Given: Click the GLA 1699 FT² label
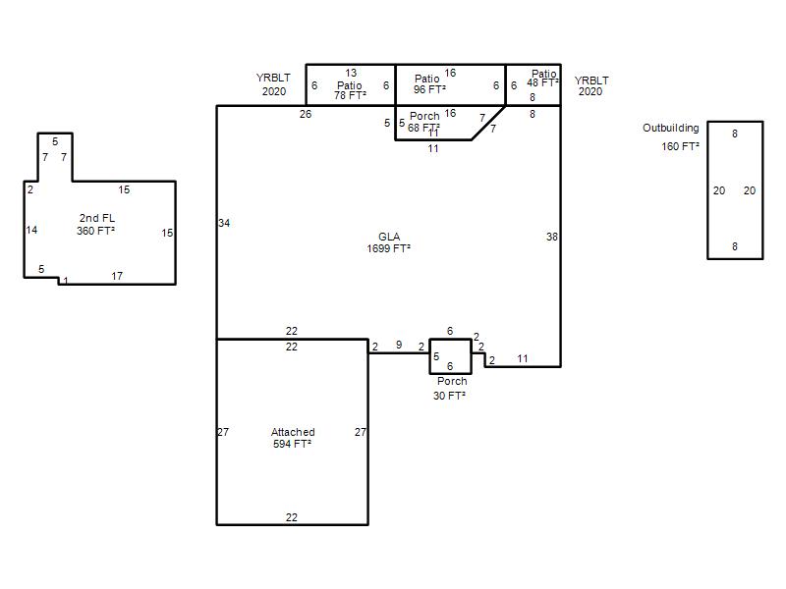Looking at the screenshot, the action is pyautogui.click(x=388, y=242).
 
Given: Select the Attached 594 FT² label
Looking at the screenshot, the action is pyautogui.click(x=293, y=438).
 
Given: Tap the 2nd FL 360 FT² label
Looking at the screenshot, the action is pyautogui.click(x=96, y=225).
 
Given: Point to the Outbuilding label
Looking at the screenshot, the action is pyautogui.click(x=671, y=128).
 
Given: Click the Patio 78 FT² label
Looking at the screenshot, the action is pyautogui.click(x=350, y=90).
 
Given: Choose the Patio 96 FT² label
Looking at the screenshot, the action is pyautogui.click(x=429, y=84).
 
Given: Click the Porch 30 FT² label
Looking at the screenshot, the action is pyautogui.click(x=451, y=388).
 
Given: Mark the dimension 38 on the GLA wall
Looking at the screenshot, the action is pyautogui.click(x=552, y=237).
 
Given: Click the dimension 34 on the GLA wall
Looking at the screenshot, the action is pyautogui.click(x=224, y=223).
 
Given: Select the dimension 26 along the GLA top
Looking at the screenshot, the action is pyautogui.click(x=306, y=114).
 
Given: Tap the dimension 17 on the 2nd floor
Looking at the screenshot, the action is pyautogui.click(x=117, y=276).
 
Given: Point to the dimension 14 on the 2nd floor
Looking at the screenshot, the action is pyautogui.click(x=31, y=230).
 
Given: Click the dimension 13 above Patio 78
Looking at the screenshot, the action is pyautogui.click(x=351, y=73).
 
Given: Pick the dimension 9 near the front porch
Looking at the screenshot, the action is pyautogui.click(x=399, y=345).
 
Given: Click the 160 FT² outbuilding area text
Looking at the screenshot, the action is pyautogui.click(x=680, y=146).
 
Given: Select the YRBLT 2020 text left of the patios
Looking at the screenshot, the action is pyautogui.click(x=274, y=84).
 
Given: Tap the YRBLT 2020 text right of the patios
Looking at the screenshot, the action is pyautogui.click(x=591, y=85).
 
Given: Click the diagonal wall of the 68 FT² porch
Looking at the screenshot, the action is pyautogui.click(x=488, y=123).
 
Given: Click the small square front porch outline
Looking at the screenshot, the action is pyautogui.click(x=429, y=356).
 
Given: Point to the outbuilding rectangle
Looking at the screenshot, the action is pyautogui.click(x=707, y=190).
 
